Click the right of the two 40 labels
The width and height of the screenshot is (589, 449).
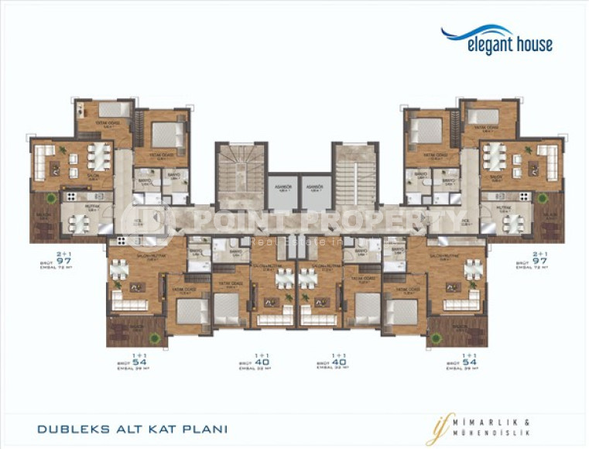[x=337, y=362]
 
